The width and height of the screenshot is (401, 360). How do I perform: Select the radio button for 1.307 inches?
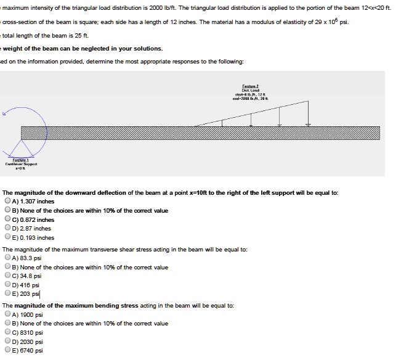point(7,201)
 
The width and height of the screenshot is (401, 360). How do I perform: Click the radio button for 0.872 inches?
point(7,219)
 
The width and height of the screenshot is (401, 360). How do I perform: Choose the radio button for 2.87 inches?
point(7,228)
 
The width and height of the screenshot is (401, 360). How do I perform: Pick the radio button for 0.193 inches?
point(7,237)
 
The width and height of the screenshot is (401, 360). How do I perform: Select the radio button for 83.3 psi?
point(7,258)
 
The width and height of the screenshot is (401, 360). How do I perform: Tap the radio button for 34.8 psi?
point(7,276)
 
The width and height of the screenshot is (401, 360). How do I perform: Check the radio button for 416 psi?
point(7,285)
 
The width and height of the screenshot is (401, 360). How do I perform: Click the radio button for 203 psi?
point(7,295)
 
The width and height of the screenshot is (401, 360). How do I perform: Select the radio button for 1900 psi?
point(7,314)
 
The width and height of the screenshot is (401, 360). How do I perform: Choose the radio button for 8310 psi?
point(7,332)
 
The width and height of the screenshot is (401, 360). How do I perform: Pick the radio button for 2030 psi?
point(7,342)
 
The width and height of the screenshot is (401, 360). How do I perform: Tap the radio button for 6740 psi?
point(7,351)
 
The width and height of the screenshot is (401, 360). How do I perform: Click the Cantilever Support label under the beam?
point(22,163)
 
